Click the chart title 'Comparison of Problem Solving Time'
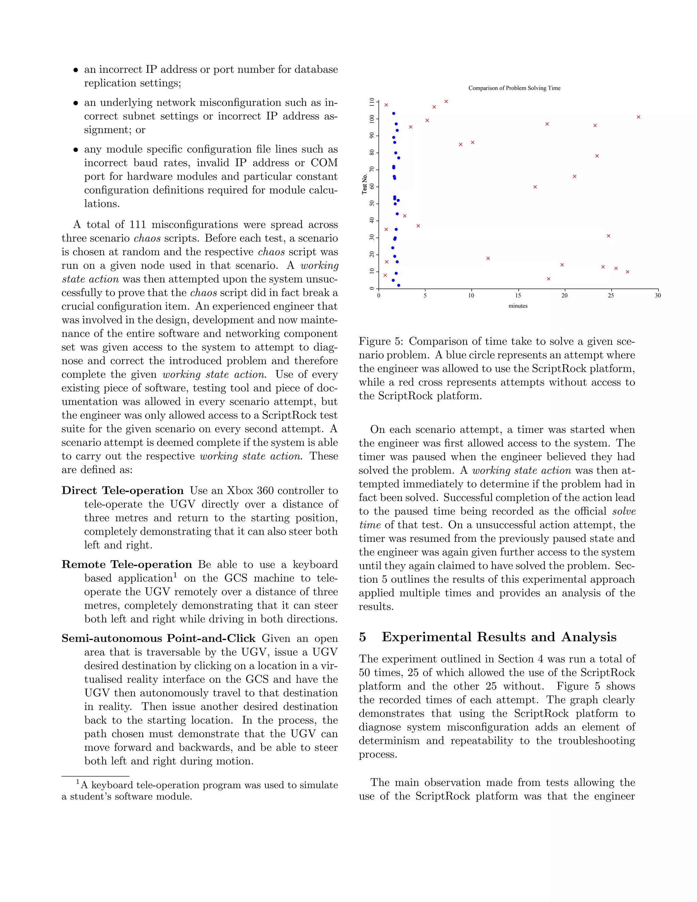coord(514,88)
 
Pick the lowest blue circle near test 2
coord(399,285)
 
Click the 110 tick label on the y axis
coord(372,101)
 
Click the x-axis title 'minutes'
coord(518,306)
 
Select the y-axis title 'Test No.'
coord(364,184)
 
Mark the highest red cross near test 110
coord(446,101)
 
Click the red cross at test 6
coord(548,279)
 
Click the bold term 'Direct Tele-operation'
coord(123,490)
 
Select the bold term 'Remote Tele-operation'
coord(127,565)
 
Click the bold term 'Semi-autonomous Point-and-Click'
coord(159,639)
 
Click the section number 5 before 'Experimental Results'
coord(362,637)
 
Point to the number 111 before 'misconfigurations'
coord(137,225)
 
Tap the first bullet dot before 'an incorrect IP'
coord(76,70)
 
